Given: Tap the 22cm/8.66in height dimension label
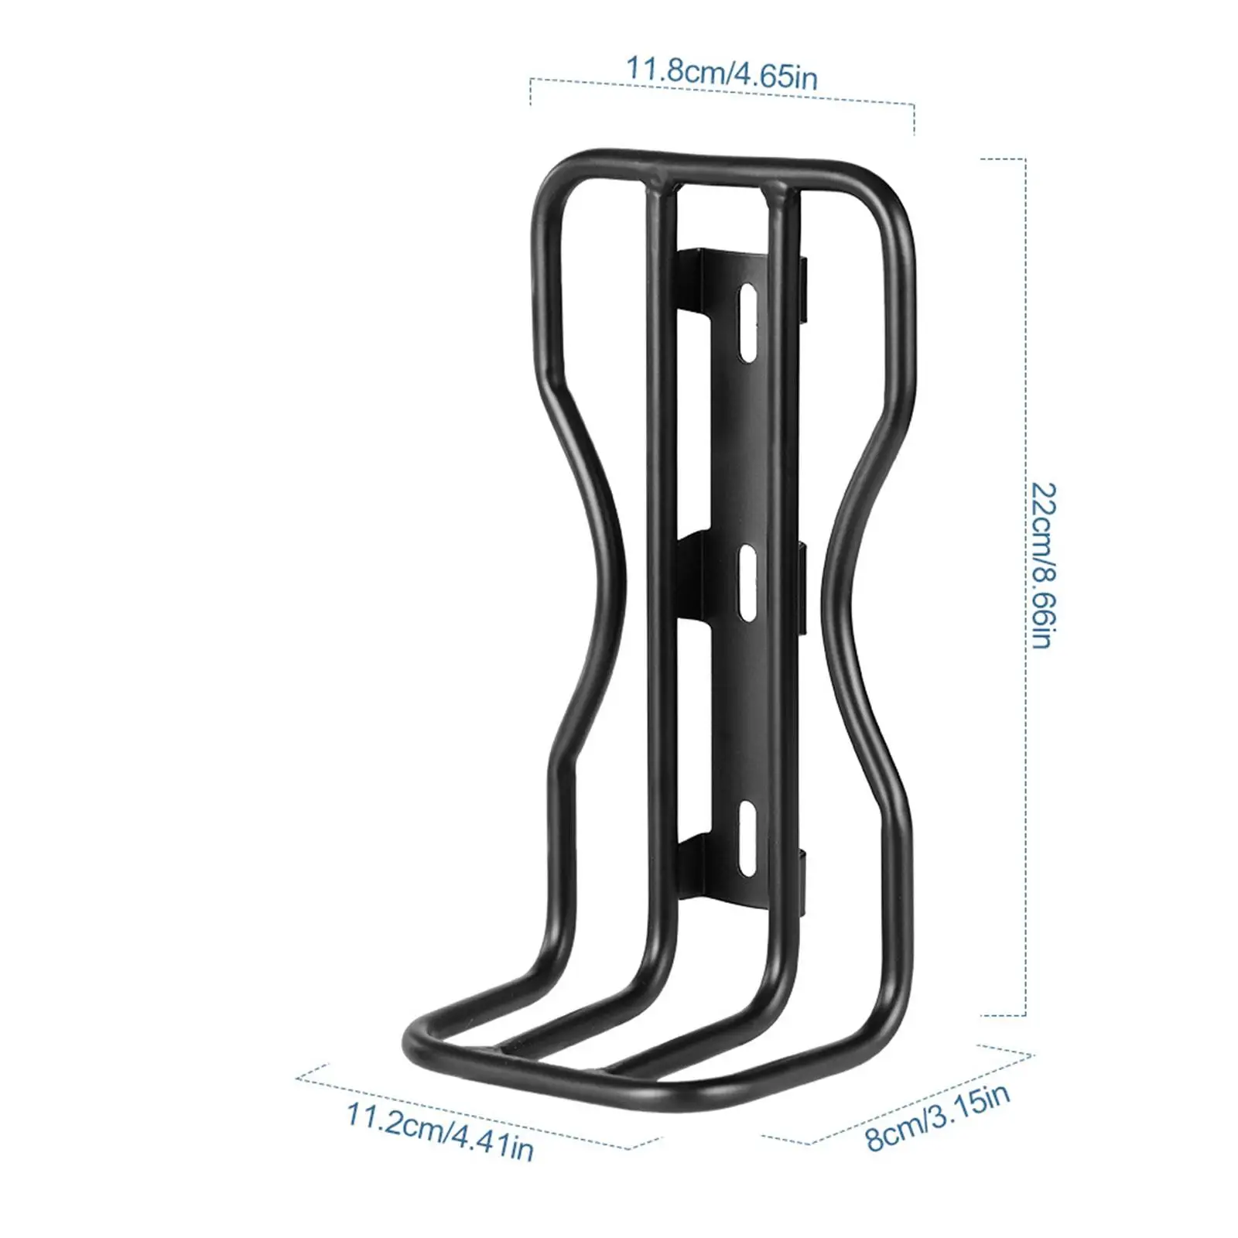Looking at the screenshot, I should (1043, 565).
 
